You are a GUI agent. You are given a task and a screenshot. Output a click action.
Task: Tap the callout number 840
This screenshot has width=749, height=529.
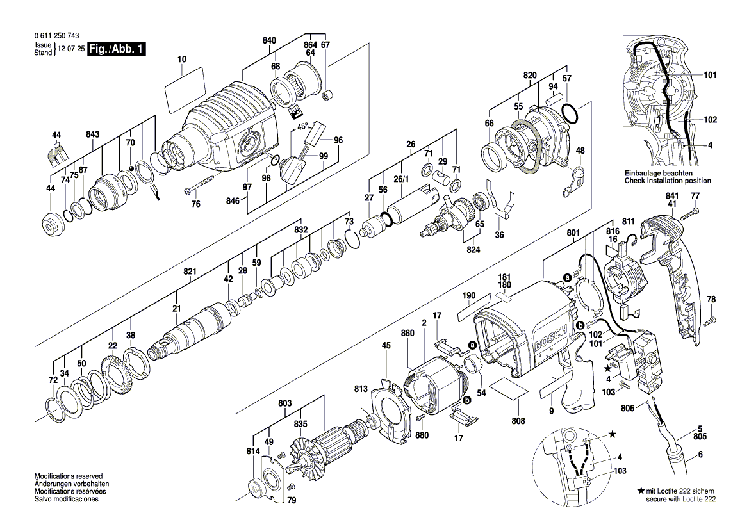coord(269,40)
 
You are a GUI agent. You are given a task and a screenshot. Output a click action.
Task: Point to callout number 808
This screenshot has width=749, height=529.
coord(518,421)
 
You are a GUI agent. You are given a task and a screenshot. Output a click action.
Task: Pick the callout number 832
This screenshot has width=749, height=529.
coord(301,229)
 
